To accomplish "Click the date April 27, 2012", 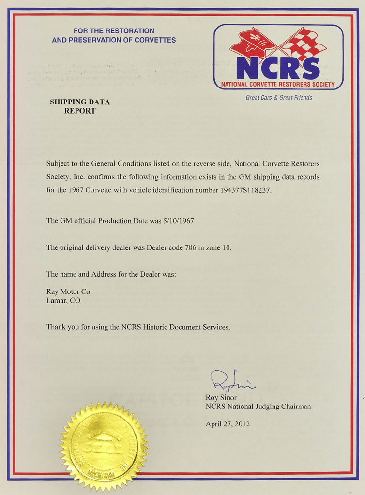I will (x=228, y=424).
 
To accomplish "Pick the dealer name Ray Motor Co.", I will (x=69, y=291).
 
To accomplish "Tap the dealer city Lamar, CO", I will (x=63, y=300).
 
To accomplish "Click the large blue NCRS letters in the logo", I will (x=278, y=68).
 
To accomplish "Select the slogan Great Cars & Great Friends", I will (x=279, y=98).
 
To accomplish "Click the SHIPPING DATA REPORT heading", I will (x=80, y=106).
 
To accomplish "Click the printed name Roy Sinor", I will (x=222, y=397).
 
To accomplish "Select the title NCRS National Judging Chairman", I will (x=258, y=407).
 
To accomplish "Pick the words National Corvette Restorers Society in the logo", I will (x=278, y=84).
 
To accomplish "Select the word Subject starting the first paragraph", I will (x=58, y=164).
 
